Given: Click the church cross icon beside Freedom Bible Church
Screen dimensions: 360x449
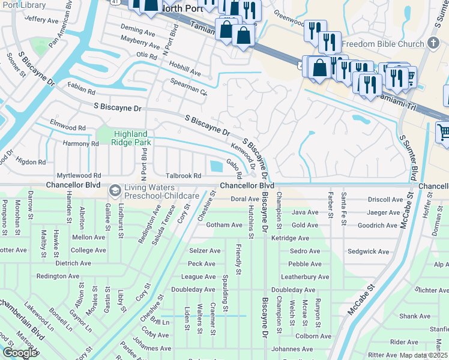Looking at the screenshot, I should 435,43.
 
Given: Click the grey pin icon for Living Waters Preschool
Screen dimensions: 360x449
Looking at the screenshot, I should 114,191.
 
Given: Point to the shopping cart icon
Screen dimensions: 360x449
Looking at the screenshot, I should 444,131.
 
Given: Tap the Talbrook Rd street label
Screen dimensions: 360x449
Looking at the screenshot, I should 183,176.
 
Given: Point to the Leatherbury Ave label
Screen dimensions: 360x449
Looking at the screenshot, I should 306,277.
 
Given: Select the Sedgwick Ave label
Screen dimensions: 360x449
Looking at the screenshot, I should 368,252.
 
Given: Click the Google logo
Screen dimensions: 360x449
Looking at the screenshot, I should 20,353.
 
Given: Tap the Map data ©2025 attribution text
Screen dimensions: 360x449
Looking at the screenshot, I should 423,355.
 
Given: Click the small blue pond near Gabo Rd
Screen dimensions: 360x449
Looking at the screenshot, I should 216,166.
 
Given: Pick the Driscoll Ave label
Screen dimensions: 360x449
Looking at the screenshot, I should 385,199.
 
